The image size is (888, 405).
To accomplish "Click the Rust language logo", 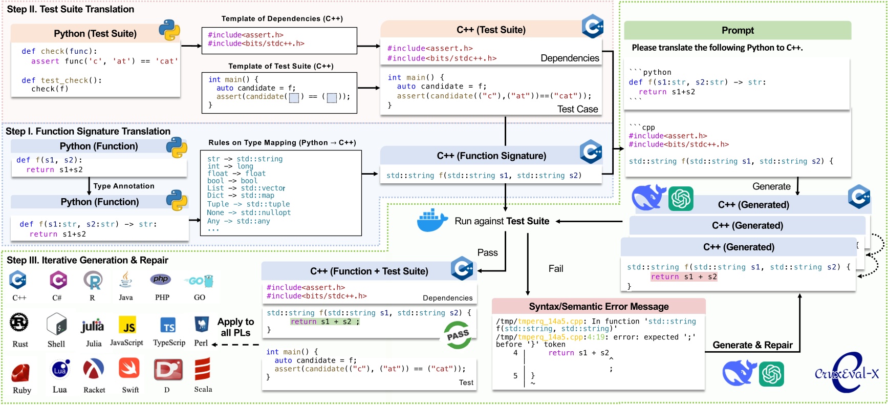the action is [x=19, y=323].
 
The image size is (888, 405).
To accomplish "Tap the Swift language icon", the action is [x=129, y=368].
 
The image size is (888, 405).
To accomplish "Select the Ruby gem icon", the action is [x=21, y=373].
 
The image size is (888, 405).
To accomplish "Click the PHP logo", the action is [x=160, y=279].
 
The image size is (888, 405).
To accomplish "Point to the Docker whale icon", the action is [x=433, y=220].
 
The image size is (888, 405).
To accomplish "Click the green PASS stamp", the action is [x=458, y=335].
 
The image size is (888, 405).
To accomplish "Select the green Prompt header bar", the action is [x=738, y=30].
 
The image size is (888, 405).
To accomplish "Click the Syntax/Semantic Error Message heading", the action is [x=599, y=306].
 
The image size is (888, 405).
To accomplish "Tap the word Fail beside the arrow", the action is [x=556, y=269].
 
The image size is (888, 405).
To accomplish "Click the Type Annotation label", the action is [x=124, y=186].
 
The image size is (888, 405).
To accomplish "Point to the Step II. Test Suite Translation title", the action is [x=71, y=9].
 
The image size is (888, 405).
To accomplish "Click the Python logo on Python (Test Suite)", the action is [x=169, y=30].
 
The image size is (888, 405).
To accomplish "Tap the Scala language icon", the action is [x=203, y=369].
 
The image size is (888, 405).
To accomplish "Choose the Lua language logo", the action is [x=60, y=369].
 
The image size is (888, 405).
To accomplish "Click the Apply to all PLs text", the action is [x=235, y=327].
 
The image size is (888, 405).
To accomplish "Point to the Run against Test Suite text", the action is [x=502, y=221].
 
